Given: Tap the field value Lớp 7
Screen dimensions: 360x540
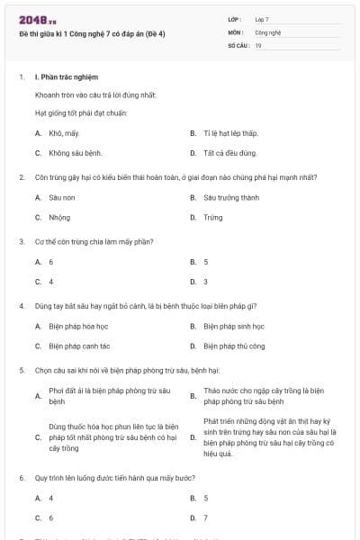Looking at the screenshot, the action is click(262, 19).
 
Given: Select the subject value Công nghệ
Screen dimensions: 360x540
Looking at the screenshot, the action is click(268, 31).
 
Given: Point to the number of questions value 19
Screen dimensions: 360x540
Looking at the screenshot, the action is click(258, 43).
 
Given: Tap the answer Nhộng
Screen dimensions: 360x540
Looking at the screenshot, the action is click(59, 217).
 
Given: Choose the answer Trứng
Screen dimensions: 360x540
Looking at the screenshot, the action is click(213, 217).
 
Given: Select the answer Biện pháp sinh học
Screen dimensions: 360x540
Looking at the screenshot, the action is click(234, 326).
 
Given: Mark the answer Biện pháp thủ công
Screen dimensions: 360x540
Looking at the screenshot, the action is click(234, 346).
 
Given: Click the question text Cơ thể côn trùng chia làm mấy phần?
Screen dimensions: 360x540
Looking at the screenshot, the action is click(81, 241).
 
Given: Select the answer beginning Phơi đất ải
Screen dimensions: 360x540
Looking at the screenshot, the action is click(109, 396).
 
